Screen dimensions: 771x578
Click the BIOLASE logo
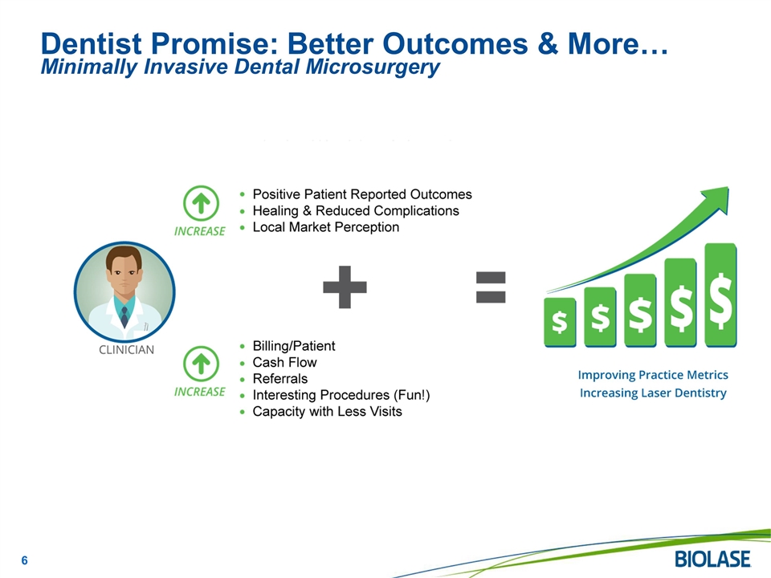[x=712, y=560]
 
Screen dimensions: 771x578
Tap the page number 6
[x=25, y=560]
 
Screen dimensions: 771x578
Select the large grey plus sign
[x=345, y=287]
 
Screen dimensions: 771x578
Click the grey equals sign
[x=491, y=287]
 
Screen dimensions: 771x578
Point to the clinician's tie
[x=124, y=317]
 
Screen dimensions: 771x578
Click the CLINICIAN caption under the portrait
[x=126, y=349]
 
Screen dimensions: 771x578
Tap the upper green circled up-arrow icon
[x=201, y=203]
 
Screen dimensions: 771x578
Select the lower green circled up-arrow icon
[x=201, y=364]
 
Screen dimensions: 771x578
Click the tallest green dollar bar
[x=720, y=295]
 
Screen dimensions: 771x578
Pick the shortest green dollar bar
[x=560, y=323]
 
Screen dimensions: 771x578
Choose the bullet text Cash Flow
[x=284, y=362]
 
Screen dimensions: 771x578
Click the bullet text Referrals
[x=280, y=378]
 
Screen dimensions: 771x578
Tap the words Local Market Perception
[x=326, y=227]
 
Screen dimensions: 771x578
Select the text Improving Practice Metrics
[x=653, y=375]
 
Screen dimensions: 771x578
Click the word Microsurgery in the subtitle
[x=373, y=67]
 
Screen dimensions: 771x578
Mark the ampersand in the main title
[x=548, y=43]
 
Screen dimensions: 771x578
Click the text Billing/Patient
[x=294, y=346]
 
